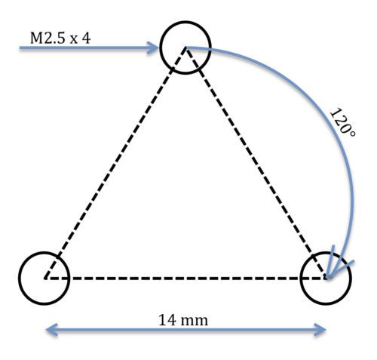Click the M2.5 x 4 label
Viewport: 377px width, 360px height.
click(60, 38)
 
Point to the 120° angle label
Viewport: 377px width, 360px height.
click(342, 122)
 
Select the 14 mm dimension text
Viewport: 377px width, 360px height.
click(183, 321)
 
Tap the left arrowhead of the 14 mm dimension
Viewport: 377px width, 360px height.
click(51, 330)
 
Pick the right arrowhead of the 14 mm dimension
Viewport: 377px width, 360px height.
click(320, 330)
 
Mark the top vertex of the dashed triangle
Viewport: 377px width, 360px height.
click(185, 48)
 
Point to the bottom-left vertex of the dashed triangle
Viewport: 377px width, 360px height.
click(44, 278)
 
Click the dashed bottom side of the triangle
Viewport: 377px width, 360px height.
click(185, 278)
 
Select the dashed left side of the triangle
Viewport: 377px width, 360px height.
click(115, 163)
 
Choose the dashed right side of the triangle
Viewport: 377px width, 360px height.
click(256, 163)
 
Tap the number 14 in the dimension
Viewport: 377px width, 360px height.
click(167, 321)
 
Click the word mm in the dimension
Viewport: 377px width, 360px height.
click(195, 322)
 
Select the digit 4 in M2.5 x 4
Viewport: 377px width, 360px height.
click(86, 38)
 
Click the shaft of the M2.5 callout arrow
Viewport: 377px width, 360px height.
click(86, 48)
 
